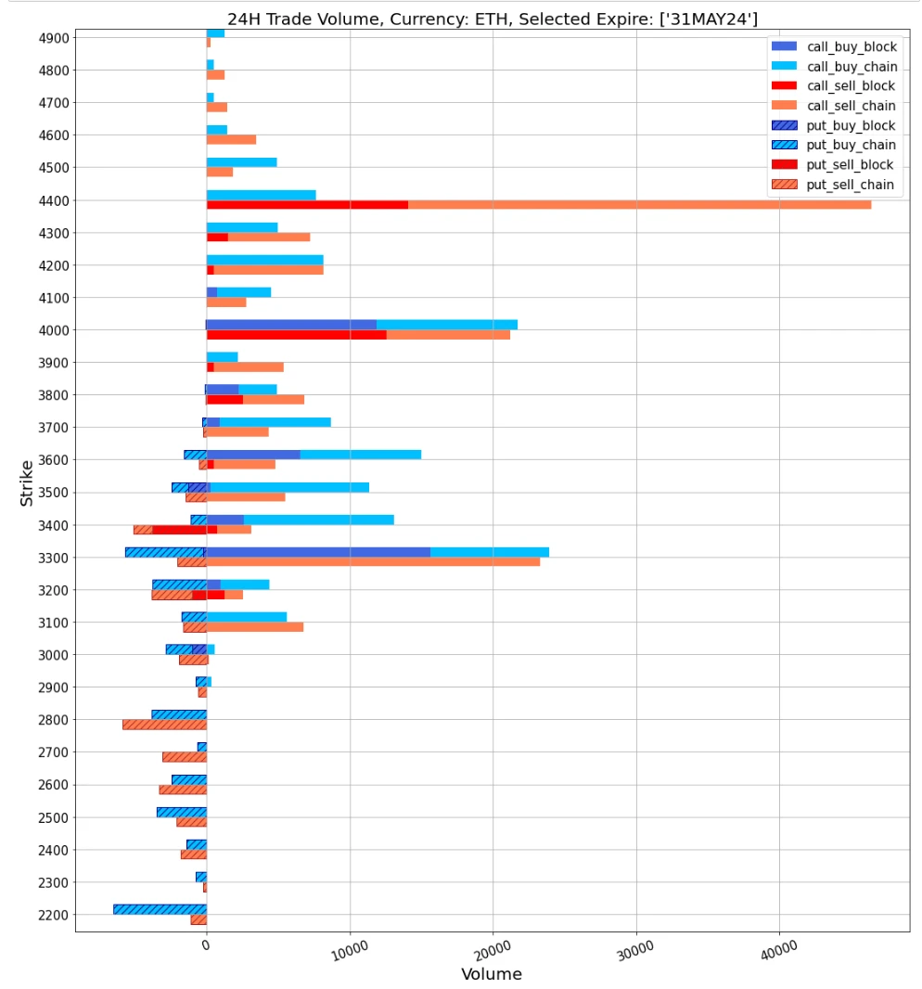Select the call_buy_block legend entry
(x=852, y=46)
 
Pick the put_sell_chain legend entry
(x=851, y=185)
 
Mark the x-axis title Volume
(x=492, y=975)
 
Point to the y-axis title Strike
(x=27, y=482)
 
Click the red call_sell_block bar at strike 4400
(x=307, y=205)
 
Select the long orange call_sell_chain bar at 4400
(x=639, y=205)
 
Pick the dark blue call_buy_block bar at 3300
(x=318, y=552)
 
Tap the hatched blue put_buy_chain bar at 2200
(x=160, y=909)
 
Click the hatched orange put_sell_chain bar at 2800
(x=164, y=725)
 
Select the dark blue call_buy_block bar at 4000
(x=291, y=325)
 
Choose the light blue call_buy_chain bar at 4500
(x=241, y=162)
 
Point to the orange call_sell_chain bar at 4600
(x=231, y=140)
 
